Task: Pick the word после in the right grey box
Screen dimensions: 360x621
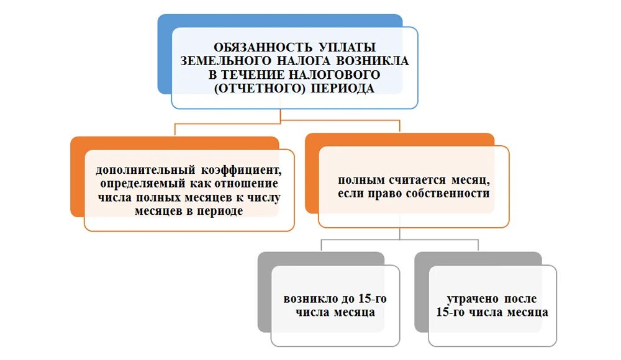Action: pyautogui.click(x=521, y=299)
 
